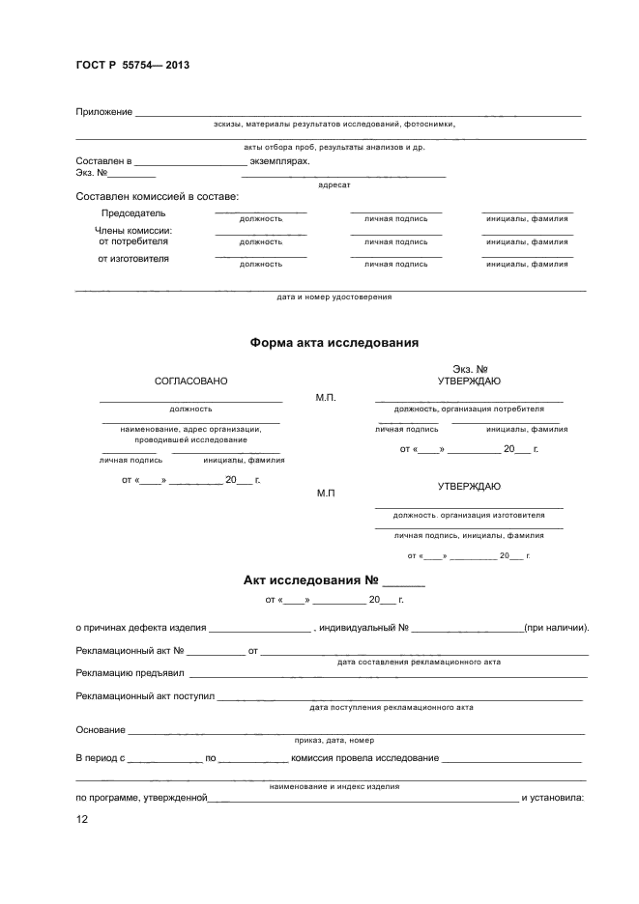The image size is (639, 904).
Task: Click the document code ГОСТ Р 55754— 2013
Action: (x=132, y=65)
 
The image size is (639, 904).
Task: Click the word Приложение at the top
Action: (x=103, y=112)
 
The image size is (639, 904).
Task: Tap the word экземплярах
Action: (x=280, y=161)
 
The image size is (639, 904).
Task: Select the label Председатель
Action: (x=133, y=212)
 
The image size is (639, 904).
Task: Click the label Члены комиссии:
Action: (x=133, y=231)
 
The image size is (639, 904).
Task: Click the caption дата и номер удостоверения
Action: (x=334, y=297)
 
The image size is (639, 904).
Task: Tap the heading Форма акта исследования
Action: (x=334, y=342)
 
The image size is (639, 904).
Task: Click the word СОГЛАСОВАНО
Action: (x=191, y=381)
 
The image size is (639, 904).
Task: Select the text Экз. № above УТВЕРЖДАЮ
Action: (x=469, y=369)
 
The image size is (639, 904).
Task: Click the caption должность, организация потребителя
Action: (x=469, y=409)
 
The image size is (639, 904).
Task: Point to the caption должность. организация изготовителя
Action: (x=469, y=515)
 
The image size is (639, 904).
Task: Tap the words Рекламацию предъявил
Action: (x=130, y=672)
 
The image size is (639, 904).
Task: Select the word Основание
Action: (x=101, y=730)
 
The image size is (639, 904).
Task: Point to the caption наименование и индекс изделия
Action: (x=334, y=787)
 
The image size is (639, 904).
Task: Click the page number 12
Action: (x=82, y=819)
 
